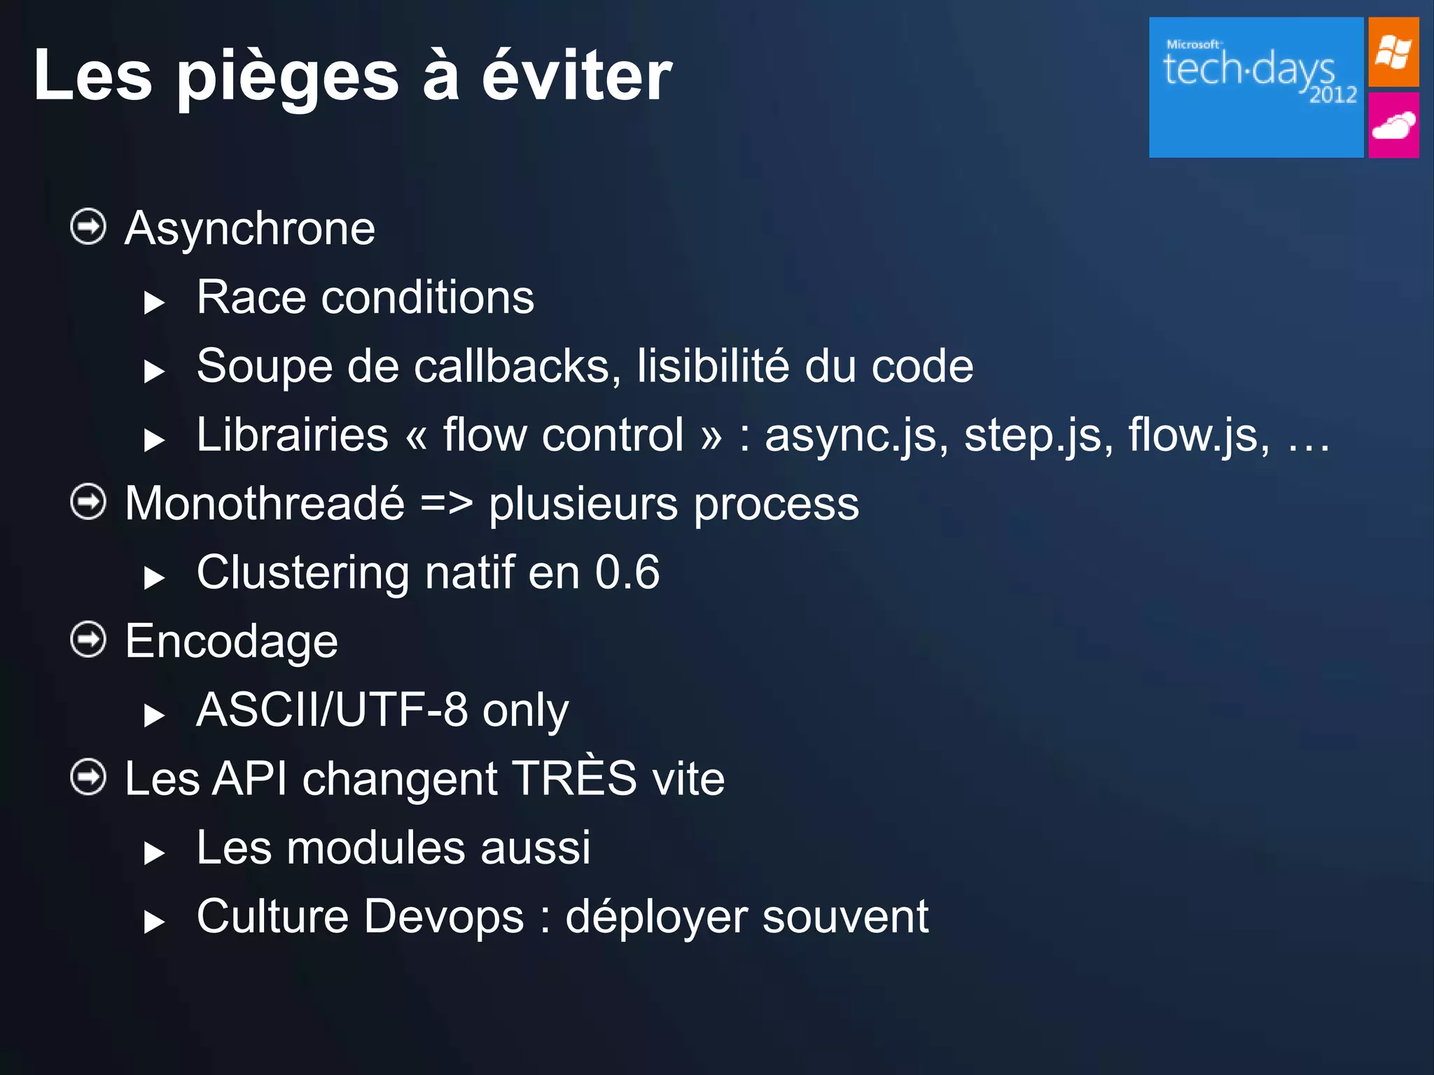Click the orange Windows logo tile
[1393, 52]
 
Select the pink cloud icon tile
[1393, 126]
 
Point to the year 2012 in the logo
[1332, 94]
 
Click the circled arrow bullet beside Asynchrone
[88, 227]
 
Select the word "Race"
[251, 297]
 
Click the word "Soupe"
[264, 366]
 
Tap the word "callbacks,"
[517, 366]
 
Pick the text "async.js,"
[856, 435]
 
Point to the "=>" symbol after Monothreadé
[447, 503]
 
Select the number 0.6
[627, 572]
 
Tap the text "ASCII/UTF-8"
[332, 710]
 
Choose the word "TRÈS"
[574, 777]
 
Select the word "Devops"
[444, 916]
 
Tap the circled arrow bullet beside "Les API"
[88, 777]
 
